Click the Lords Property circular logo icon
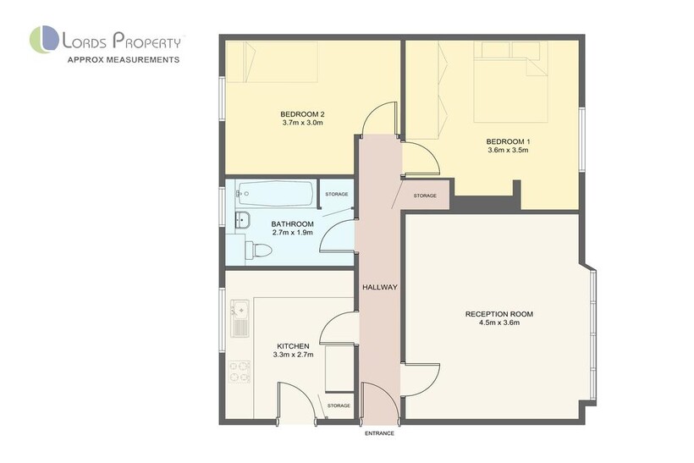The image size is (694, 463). [44, 40]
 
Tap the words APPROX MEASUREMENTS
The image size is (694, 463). [124, 60]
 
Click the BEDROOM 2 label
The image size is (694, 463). [302, 114]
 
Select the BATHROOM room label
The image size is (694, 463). [293, 224]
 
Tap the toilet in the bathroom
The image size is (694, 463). [258, 250]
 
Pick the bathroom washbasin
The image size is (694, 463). [242, 219]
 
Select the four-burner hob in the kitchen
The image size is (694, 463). [240, 372]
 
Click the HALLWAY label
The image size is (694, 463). [380, 287]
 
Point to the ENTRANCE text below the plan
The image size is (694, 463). [379, 433]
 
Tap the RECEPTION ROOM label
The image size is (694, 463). [499, 314]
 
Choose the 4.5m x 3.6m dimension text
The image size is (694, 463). [499, 322]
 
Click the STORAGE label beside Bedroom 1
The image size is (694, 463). [425, 196]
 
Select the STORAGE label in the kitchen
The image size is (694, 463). [339, 405]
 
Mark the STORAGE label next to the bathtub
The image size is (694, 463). [336, 195]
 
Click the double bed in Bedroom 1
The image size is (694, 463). [510, 82]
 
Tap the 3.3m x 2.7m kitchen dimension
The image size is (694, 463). [294, 355]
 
